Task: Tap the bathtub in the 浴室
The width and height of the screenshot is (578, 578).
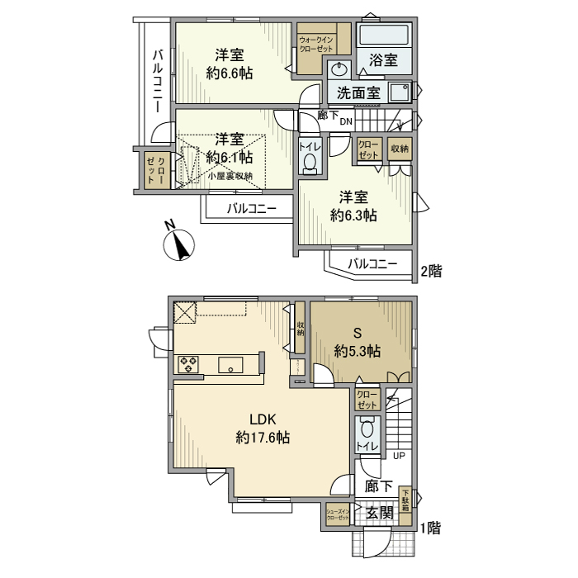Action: (x=384, y=36)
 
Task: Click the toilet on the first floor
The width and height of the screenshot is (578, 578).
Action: (x=367, y=431)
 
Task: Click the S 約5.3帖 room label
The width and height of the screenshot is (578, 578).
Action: (x=358, y=343)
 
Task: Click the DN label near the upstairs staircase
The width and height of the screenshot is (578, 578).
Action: (x=347, y=121)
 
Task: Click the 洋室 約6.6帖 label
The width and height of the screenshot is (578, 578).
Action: (x=229, y=64)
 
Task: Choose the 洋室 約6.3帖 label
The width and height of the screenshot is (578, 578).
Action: (x=354, y=206)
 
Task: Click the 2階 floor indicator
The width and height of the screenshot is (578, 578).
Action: (x=431, y=270)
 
